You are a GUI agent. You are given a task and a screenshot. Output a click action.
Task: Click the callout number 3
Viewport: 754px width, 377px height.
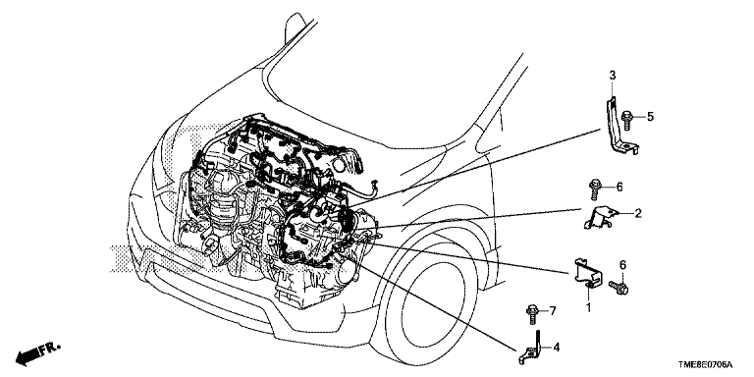click(x=613, y=75)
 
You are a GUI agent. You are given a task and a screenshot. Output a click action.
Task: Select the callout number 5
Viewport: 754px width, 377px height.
click(x=650, y=116)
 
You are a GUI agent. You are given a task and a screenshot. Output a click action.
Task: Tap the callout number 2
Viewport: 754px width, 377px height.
click(x=638, y=213)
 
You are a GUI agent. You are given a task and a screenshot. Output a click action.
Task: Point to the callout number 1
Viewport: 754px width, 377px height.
click(x=588, y=306)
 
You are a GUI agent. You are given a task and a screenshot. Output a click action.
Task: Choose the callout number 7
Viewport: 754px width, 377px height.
click(x=553, y=311)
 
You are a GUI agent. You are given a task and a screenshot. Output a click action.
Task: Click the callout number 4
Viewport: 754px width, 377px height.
click(x=556, y=347)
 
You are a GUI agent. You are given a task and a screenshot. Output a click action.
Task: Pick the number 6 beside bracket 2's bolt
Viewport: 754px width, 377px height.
click(x=619, y=187)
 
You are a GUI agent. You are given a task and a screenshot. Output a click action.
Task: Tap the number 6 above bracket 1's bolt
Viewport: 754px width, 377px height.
click(x=622, y=264)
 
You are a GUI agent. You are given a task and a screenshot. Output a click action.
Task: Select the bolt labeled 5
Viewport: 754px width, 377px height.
click(x=627, y=120)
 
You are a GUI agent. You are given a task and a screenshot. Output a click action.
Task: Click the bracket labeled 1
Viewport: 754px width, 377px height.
click(x=586, y=274)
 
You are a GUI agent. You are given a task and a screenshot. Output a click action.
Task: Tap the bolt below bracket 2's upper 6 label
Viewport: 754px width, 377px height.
click(x=594, y=190)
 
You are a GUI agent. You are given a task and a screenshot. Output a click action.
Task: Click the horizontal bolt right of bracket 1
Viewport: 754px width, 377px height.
click(x=619, y=288)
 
